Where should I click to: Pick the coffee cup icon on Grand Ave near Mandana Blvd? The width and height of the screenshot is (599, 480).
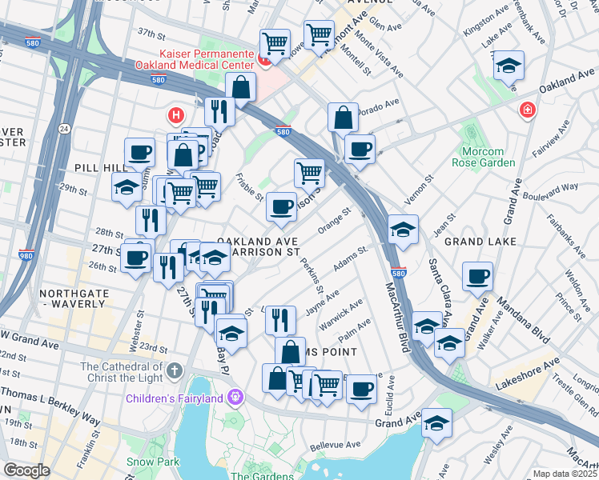[x=478, y=276]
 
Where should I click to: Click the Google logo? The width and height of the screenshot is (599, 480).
[x=26, y=470]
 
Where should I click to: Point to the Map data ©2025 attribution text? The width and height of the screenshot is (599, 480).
[x=565, y=474]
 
